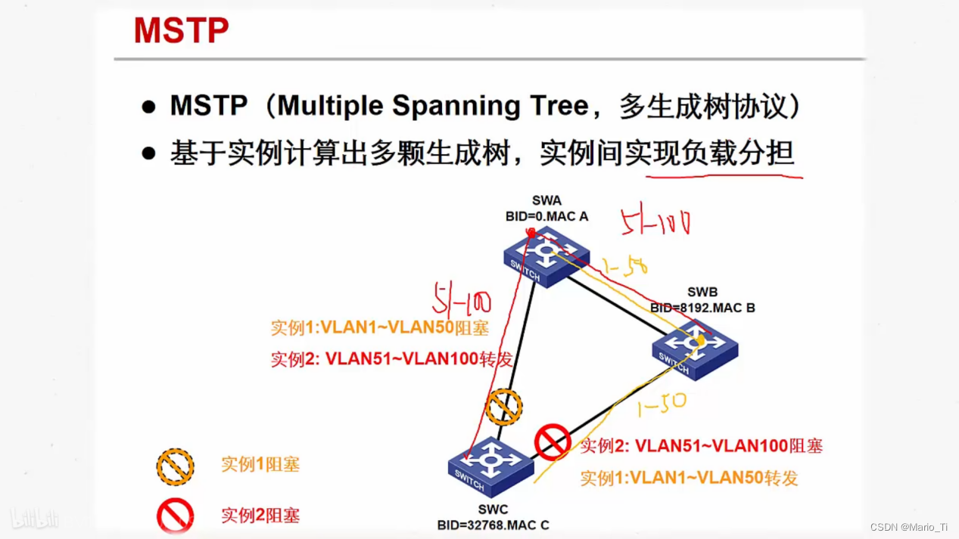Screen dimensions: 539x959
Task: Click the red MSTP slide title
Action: pyautogui.click(x=181, y=31)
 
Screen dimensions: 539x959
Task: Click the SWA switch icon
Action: pyautogui.click(x=546, y=256)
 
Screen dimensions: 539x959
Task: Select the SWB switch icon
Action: pyautogui.click(x=695, y=347)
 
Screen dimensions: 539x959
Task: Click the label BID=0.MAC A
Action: pyautogui.click(x=546, y=216)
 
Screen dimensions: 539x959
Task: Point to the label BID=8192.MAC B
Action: pyautogui.click(x=702, y=308)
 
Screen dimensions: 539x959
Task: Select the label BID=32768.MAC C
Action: pyautogui.click(x=493, y=525)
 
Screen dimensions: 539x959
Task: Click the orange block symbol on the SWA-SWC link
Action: pyautogui.click(x=503, y=407)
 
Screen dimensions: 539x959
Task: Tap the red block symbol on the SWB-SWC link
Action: pyautogui.click(x=553, y=441)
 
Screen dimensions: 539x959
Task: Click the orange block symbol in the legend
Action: pyautogui.click(x=175, y=466)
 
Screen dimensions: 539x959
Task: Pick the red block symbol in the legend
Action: pyautogui.click(x=175, y=517)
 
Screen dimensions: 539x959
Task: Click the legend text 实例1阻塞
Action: pyautogui.click(x=260, y=464)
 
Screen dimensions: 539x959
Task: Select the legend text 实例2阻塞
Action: pyautogui.click(x=260, y=516)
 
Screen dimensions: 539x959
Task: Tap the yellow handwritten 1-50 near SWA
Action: pyautogui.click(x=624, y=267)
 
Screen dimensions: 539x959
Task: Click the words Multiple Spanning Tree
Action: pyautogui.click(x=433, y=106)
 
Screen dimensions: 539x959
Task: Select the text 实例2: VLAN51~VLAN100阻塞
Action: pyautogui.click(x=701, y=446)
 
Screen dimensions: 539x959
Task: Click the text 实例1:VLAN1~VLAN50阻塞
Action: pyautogui.click(x=380, y=327)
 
